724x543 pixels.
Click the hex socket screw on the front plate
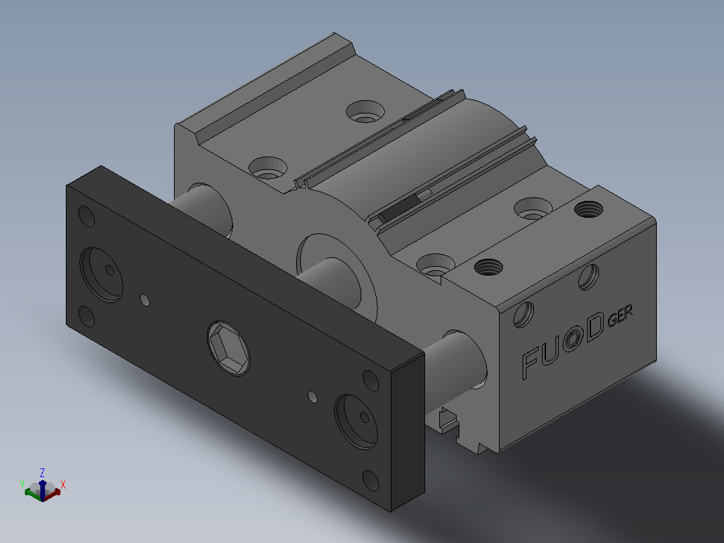click(228, 348)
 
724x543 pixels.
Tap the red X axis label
click(63, 485)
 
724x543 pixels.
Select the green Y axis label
click(21, 485)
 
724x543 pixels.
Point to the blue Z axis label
click(42, 472)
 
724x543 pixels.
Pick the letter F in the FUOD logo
click(530, 364)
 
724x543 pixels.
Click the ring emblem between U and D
click(572, 339)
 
